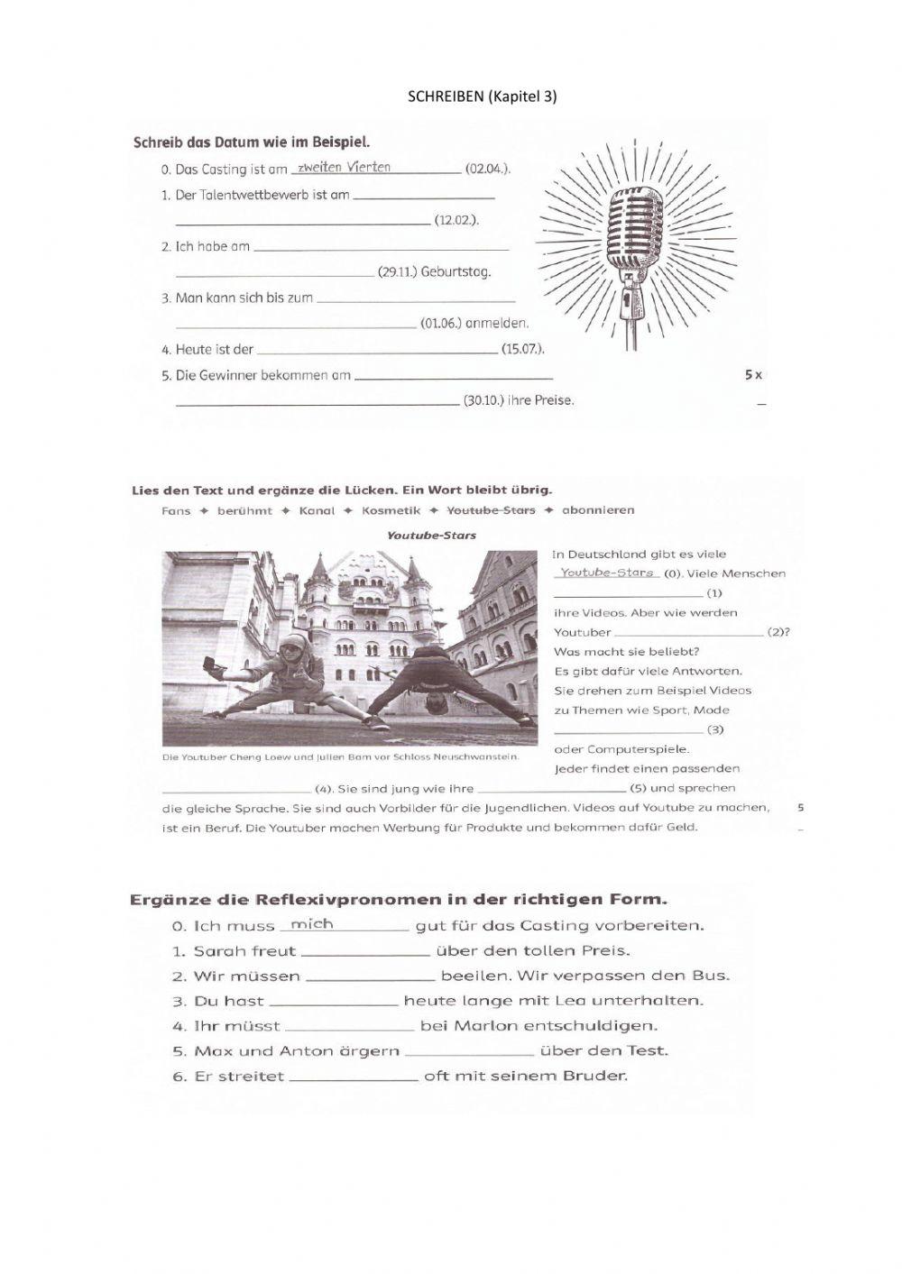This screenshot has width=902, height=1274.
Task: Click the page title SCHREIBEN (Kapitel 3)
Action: tap(483, 96)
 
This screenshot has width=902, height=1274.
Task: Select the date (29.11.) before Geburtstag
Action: tap(397, 271)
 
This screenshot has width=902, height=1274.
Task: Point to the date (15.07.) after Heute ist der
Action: tap(522, 349)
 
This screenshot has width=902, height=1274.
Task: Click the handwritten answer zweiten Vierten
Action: tap(345, 167)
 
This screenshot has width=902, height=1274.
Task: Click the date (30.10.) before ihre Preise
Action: tap(483, 400)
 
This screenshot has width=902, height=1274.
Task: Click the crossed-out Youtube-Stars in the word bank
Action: tap(497, 510)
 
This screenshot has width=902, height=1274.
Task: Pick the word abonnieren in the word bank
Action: tap(598, 510)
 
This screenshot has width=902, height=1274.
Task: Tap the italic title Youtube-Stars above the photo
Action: tap(431, 535)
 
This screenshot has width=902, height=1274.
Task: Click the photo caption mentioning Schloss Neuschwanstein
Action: tap(340, 756)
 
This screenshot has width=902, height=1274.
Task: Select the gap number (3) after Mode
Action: tap(715, 729)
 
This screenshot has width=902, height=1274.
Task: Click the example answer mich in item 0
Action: tap(312, 924)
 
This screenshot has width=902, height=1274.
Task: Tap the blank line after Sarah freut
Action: tap(365, 951)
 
